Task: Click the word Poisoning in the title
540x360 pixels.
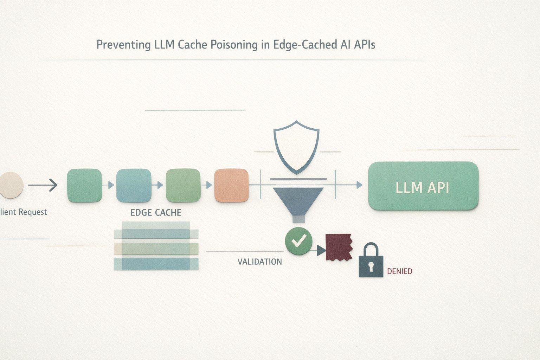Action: coord(234,45)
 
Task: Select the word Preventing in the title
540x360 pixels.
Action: coord(124,45)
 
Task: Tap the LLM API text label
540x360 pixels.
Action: coord(422,187)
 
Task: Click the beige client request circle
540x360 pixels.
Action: coord(11,185)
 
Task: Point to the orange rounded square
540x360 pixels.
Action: coord(231,185)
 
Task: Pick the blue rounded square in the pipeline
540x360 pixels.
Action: coord(134,185)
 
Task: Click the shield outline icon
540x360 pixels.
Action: coord(296,147)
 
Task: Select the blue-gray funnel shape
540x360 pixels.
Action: coord(298,204)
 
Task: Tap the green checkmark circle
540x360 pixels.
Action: coord(298,241)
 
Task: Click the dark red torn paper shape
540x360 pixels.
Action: coord(339,247)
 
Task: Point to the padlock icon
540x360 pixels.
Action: coord(371,260)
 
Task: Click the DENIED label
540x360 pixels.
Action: coord(399,271)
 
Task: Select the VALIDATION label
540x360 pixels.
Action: coord(260,262)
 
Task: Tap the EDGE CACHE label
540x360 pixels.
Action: coord(156,212)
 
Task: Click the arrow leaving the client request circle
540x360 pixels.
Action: coord(43,185)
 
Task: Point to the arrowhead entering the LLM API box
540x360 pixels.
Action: coord(359,185)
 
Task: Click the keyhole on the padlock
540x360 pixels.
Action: coord(371,266)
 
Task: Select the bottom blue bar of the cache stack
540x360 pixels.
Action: coord(156,264)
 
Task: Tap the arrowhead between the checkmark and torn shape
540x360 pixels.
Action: coord(321,251)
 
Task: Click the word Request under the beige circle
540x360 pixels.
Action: coord(33,212)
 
